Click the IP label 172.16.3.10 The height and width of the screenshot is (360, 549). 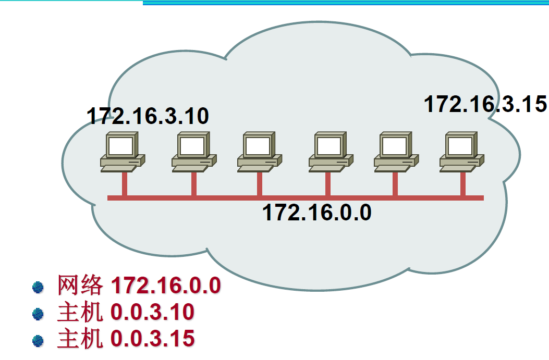click(x=148, y=116)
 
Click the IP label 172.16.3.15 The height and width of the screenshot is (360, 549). click(x=485, y=104)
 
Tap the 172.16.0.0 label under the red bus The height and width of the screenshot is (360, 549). click(x=316, y=213)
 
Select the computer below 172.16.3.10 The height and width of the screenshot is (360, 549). click(x=123, y=151)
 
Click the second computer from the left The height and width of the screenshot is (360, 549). click(x=193, y=151)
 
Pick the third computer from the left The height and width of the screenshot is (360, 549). click(x=259, y=151)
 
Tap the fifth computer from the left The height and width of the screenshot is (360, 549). click(x=395, y=151)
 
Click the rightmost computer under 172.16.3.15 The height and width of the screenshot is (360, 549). click(x=462, y=151)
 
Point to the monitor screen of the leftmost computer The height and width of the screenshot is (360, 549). click(x=120, y=146)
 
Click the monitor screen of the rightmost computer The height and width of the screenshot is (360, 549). click(x=459, y=146)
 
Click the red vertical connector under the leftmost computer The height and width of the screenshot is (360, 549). click(x=124, y=183)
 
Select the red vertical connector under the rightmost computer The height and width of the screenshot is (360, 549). click(x=463, y=183)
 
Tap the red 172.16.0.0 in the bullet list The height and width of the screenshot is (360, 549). click(x=166, y=286)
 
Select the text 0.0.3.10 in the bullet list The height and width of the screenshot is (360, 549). click(x=152, y=313)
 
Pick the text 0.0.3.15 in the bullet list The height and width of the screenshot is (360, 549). click(x=152, y=339)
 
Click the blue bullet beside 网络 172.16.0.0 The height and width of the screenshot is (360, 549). click(x=38, y=287)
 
